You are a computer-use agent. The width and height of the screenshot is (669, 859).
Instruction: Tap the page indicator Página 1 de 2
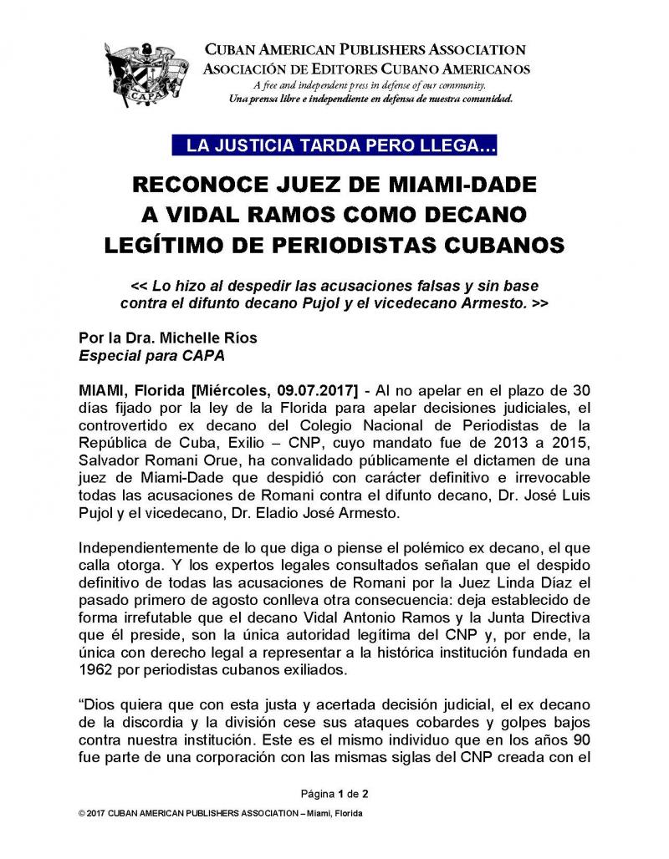pyautogui.click(x=334, y=791)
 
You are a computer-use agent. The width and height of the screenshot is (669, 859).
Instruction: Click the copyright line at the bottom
pyautogui.click(x=221, y=813)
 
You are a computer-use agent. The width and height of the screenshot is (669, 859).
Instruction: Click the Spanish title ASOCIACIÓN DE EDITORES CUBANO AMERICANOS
pyautogui.click(x=366, y=69)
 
